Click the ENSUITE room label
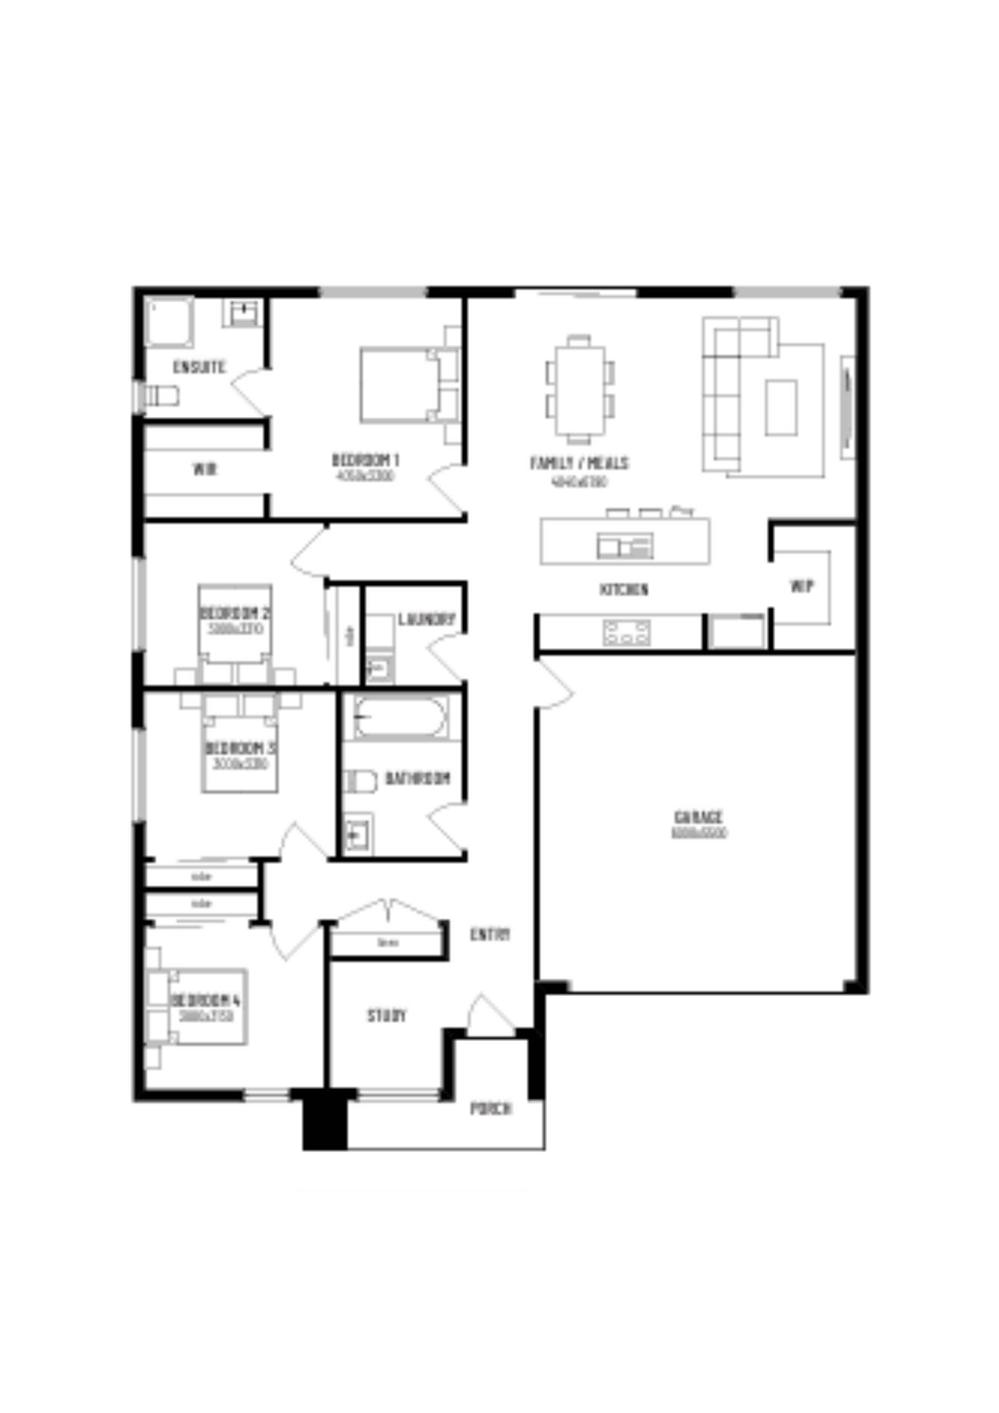[199, 368]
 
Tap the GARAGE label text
[698, 817]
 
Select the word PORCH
[491, 1109]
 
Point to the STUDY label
[386, 1016]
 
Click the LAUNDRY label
[426, 619]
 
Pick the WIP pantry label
[801, 587]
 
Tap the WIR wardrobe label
[205, 470]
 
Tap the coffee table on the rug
[781, 407]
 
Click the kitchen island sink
[624, 545]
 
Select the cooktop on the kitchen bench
[626, 632]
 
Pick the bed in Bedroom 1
[400, 385]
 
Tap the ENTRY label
[490, 934]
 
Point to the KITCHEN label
[624, 589]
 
